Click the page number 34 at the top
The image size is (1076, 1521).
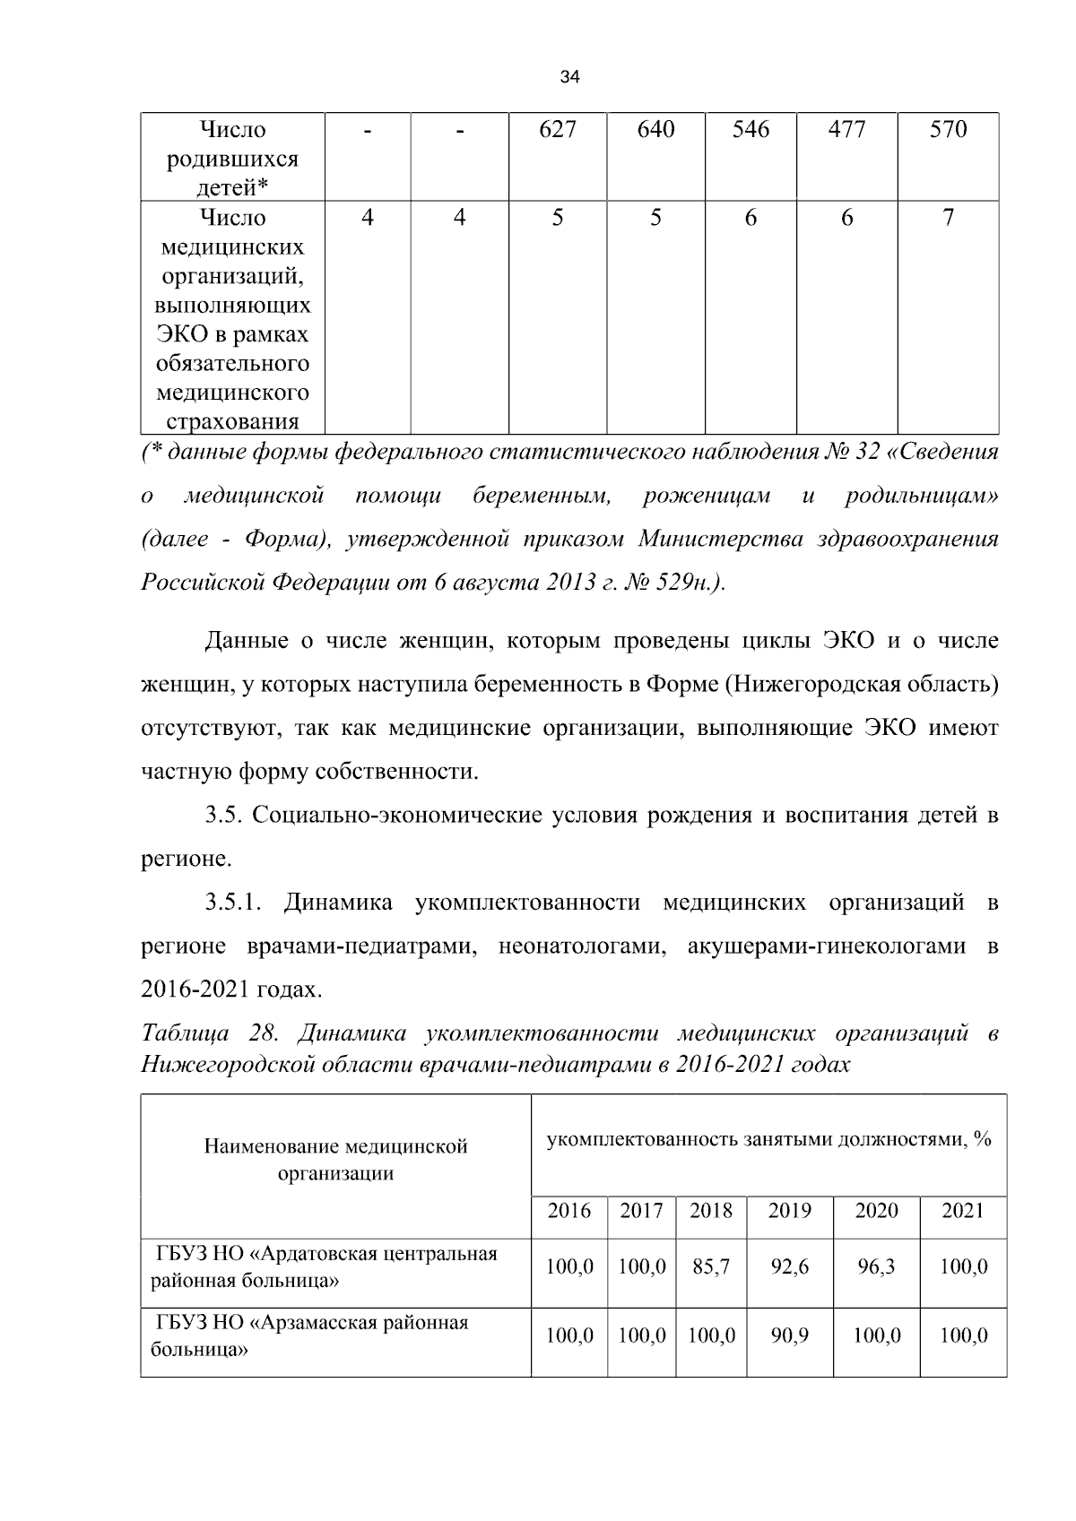(x=569, y=78)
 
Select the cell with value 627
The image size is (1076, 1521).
(x=557, y=130)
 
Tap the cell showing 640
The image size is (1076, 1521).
(x=655, y=130)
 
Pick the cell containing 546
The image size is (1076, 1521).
(x=751, y=130)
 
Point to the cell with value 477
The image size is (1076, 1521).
(x=846, y=130)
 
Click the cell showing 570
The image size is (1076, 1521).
(x=948, y=130)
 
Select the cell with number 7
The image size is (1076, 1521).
(x=948, y=218)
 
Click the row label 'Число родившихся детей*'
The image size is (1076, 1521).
(x=233, y=158)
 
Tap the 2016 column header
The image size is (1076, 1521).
(x=569, y=1211)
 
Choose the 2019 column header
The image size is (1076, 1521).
(x=789, y=1211)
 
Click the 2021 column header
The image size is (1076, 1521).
(x=963, y=1211)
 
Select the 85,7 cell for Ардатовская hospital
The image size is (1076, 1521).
(x=711, y=1266)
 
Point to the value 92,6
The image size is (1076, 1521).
(x=789, y=1266)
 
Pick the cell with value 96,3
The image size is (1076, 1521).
(x=876, y=1266)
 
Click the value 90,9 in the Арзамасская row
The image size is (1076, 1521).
(x=789, y=1335)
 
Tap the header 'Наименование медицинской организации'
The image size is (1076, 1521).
(x=335, y=1160)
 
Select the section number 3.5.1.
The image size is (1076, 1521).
(x=232, y=903)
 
